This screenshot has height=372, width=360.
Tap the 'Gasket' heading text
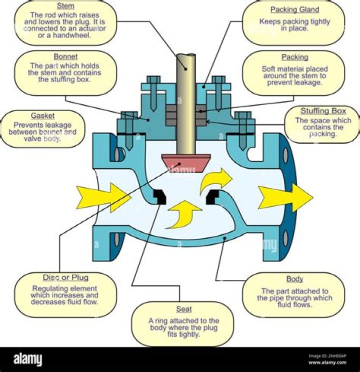coord(42,116)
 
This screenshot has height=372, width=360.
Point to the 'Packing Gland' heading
coord(294,10)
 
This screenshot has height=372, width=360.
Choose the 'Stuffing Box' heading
coord(322,111)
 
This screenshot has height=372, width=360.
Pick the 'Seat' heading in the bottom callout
coord(183,309)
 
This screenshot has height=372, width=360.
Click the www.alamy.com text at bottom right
coord(327,363)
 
